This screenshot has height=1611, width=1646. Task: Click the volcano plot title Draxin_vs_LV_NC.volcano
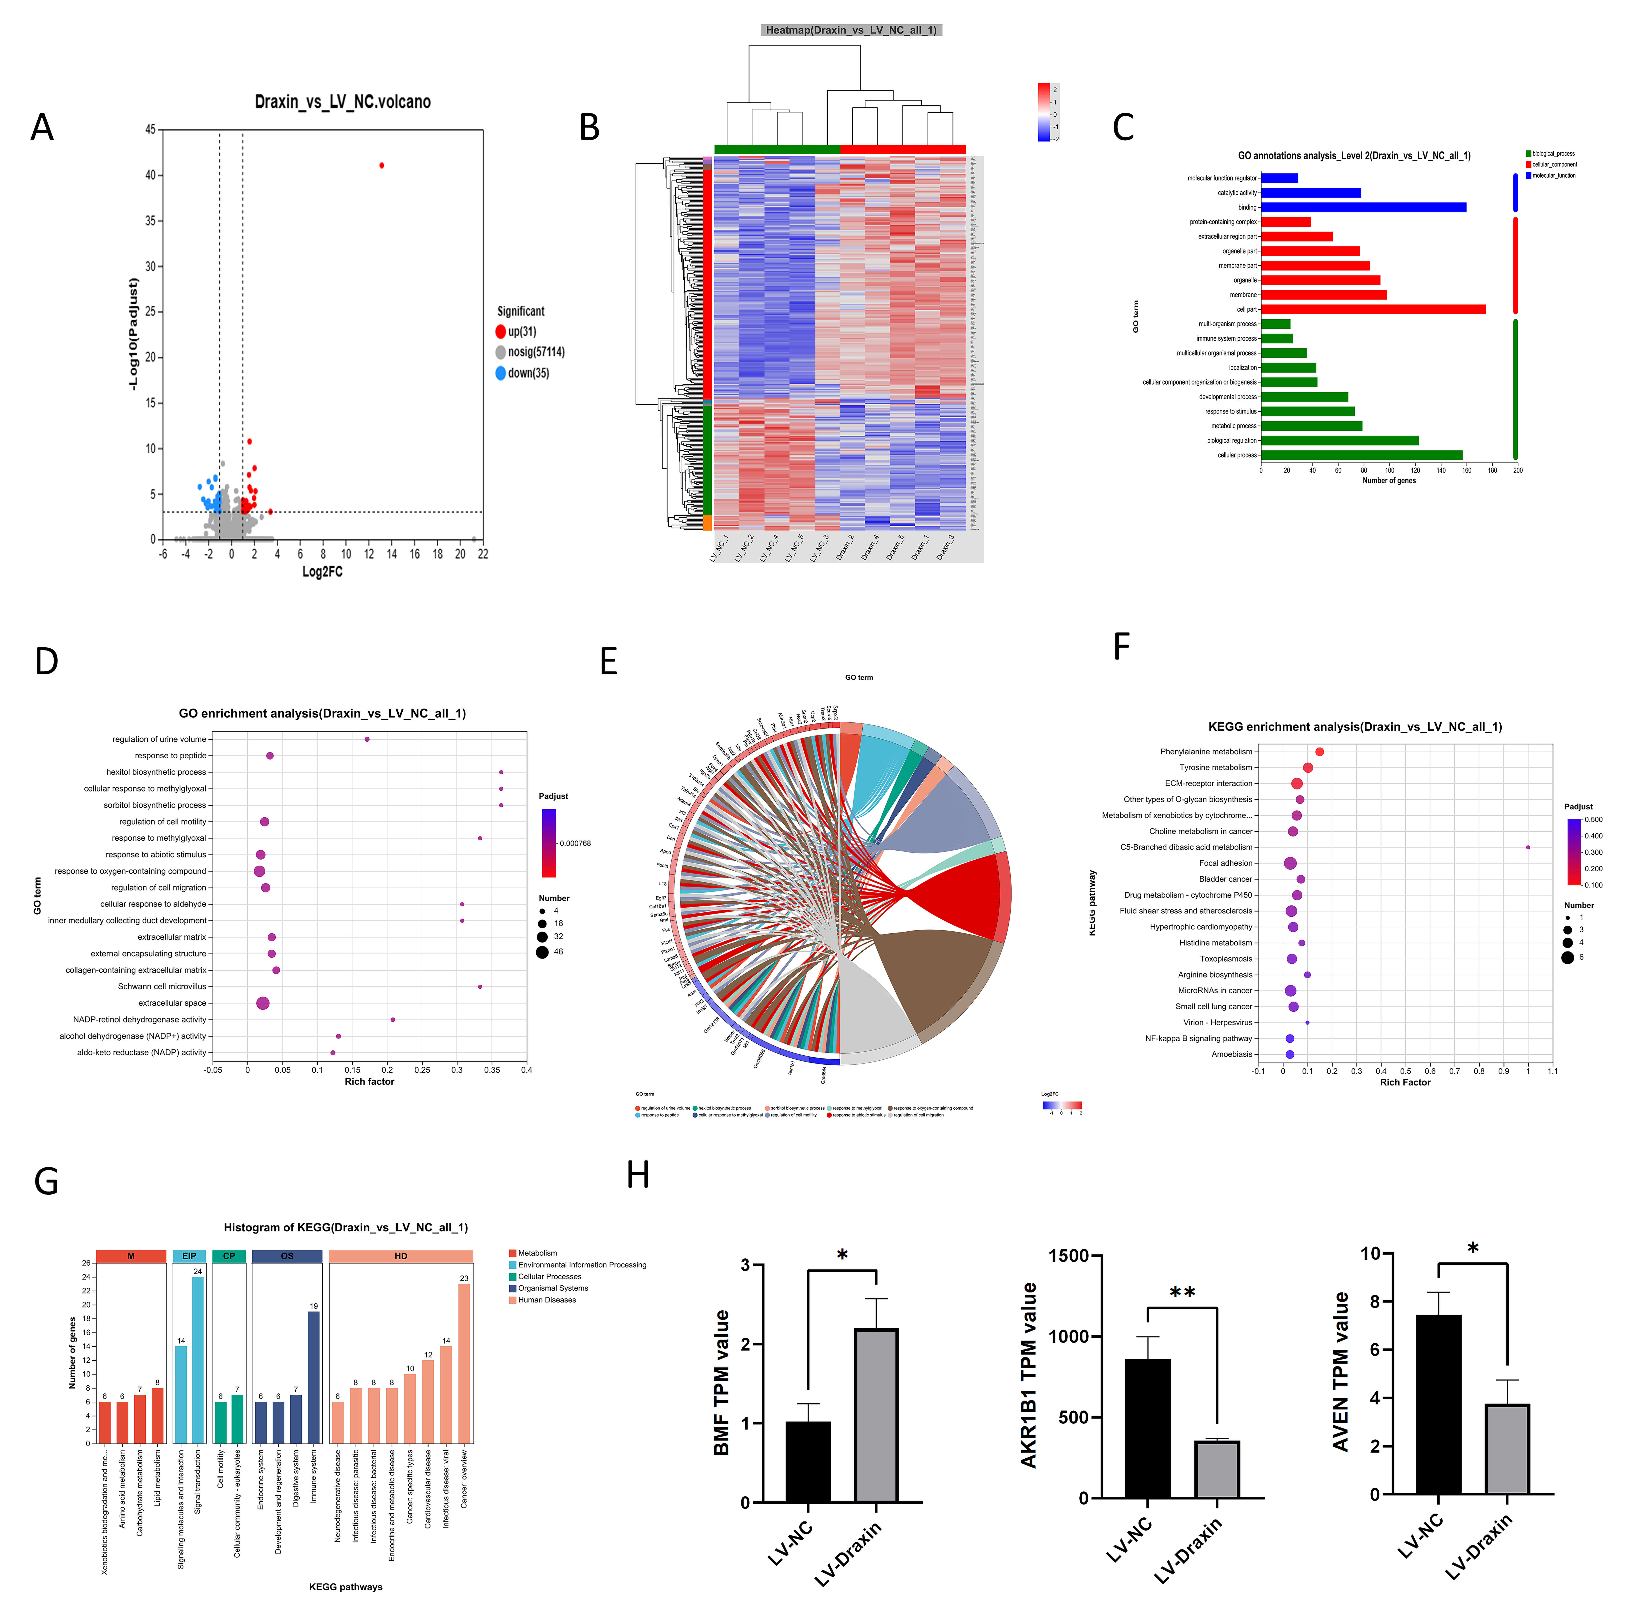343,102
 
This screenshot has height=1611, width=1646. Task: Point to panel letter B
590,128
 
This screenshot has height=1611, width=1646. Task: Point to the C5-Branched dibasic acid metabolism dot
1527,847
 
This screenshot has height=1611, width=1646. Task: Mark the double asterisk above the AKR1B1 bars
1182,1293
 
